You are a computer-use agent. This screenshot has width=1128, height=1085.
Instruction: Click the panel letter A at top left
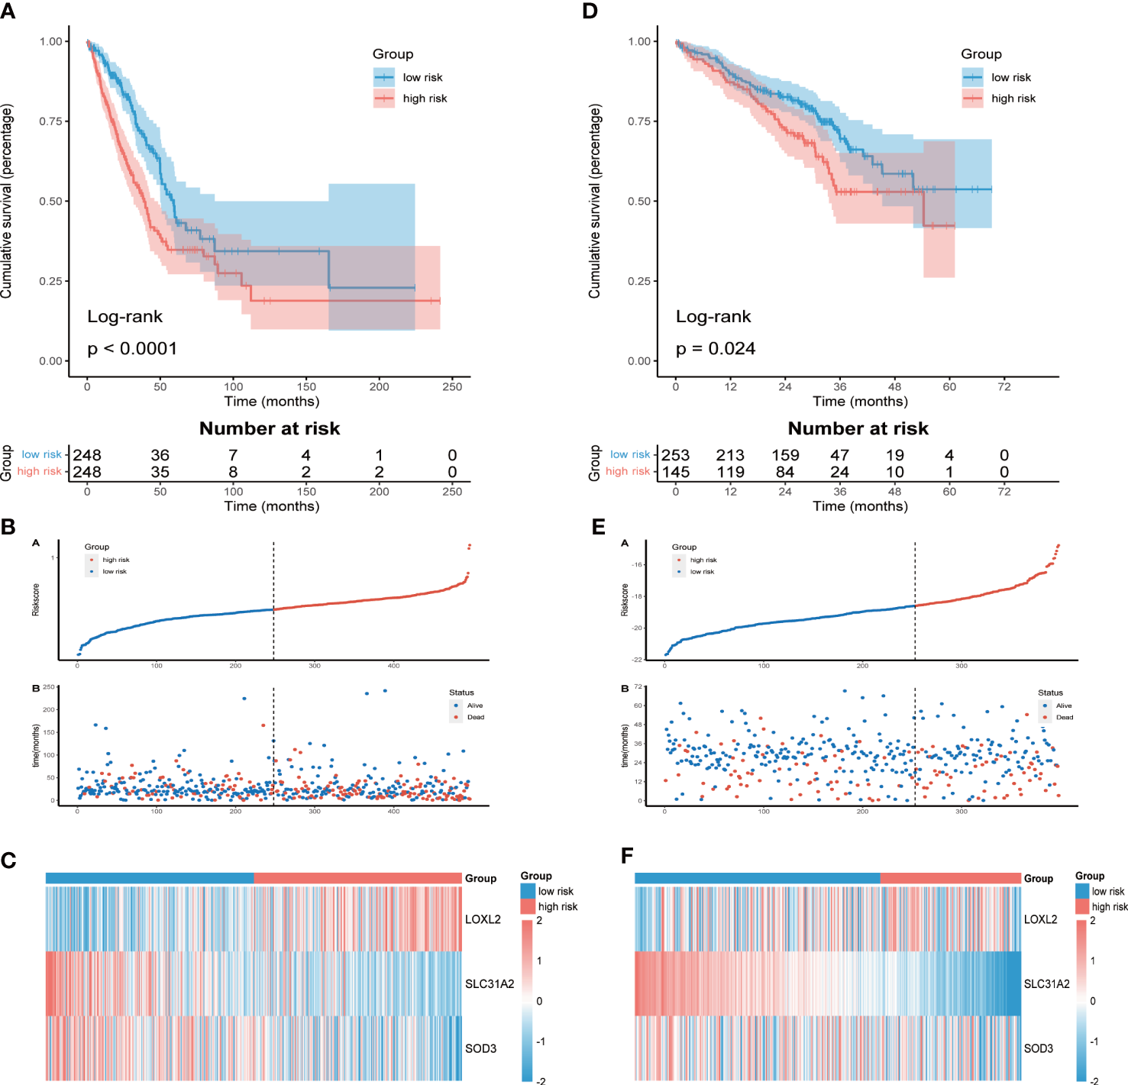[8, 11]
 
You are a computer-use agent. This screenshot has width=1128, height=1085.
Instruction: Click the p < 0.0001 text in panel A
[132, 349]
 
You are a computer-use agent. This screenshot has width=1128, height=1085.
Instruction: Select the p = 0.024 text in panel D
[716, 349]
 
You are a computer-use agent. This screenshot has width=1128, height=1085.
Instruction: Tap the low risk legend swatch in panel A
[384, 77]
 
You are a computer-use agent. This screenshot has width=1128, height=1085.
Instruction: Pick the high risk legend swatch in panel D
[972, 98]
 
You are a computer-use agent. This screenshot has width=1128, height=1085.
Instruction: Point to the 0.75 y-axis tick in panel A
[51, 121]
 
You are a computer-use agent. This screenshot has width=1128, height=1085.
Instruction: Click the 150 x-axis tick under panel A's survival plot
[306, 386]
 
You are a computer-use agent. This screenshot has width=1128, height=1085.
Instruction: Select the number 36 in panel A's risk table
[160, 455]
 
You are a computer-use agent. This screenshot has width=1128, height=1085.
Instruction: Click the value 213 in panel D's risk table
[730, 455]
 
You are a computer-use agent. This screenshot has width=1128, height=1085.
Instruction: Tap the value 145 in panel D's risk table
[676, 472]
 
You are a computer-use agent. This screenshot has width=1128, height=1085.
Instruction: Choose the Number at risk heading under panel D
[858, 428]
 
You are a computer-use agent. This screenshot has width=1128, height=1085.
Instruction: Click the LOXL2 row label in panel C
[483, 919]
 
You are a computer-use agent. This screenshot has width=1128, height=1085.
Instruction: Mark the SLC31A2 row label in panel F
[1046, 983]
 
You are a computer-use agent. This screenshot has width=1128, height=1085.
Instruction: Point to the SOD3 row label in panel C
[480, 1048]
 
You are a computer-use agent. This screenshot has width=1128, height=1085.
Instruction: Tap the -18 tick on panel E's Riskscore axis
[637, 596]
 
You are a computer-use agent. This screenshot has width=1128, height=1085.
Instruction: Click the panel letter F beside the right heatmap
[627, 856]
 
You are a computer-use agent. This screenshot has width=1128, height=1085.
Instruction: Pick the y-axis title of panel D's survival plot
[594, 201]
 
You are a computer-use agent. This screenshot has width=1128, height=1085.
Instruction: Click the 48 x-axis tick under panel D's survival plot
[894, 386]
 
